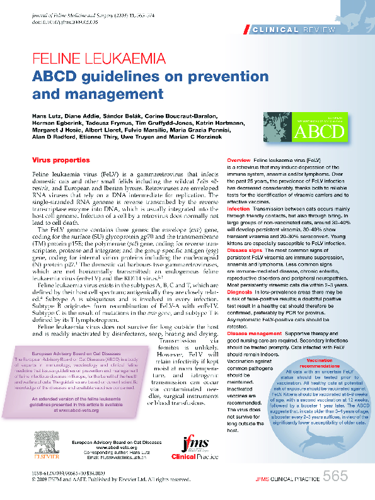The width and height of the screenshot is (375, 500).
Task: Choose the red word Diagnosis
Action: click(239, 292)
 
